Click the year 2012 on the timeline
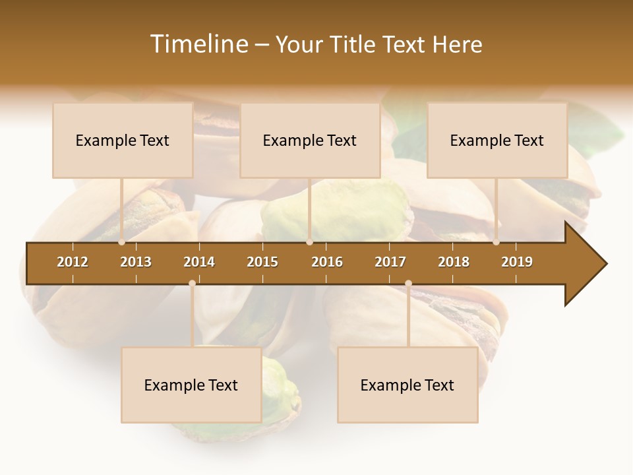(73, 262)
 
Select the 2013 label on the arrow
(136, 262)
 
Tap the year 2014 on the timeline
(199, 262)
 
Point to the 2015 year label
(262, 262)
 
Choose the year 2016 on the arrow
(327, 262)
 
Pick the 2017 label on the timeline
(390, 262)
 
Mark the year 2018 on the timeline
(454, 262)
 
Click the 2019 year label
(517, 262)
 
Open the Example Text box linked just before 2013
(123, 141)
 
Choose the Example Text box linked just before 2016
(310, 141)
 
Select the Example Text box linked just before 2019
(497, 141)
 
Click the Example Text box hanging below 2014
(191, 385)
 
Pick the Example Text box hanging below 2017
(407, 385)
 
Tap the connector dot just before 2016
(309, 242)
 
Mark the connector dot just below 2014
(192, 283)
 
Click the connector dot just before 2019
(497, 242)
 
